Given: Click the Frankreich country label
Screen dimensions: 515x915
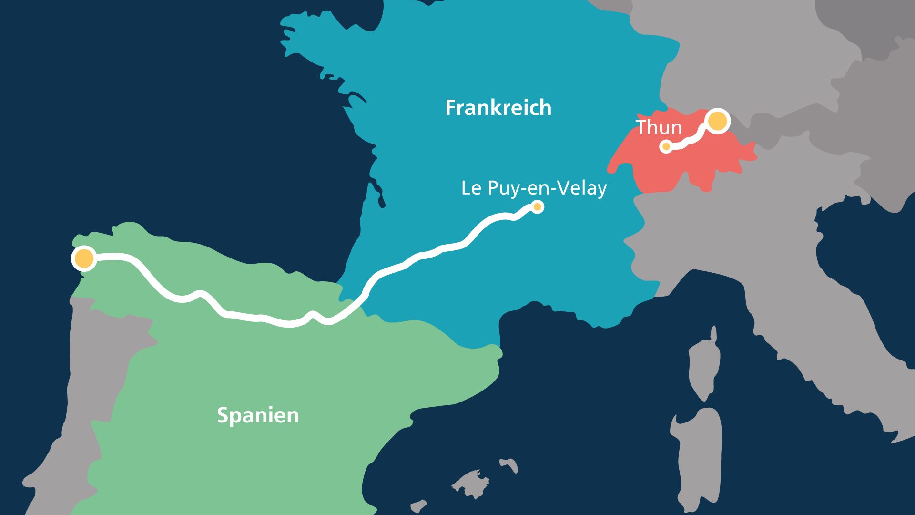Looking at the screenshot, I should click(x=498, y=108).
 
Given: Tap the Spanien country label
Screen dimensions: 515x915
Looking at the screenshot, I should click(x=258, y=415).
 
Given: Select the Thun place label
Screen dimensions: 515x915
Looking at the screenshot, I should click(x=659, y=128).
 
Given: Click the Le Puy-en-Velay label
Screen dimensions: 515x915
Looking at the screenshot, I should click(x=534, y=188).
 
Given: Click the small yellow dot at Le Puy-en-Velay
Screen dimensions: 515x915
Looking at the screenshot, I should click(x=537, y=207).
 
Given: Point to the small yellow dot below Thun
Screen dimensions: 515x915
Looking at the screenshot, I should click(x=666, y=146).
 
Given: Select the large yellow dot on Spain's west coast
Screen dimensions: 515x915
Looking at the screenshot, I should click(x=84, y=258).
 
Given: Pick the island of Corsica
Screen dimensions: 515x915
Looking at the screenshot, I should click(x=703, y=367).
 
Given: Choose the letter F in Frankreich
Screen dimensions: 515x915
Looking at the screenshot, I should click(x=450, y=108).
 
